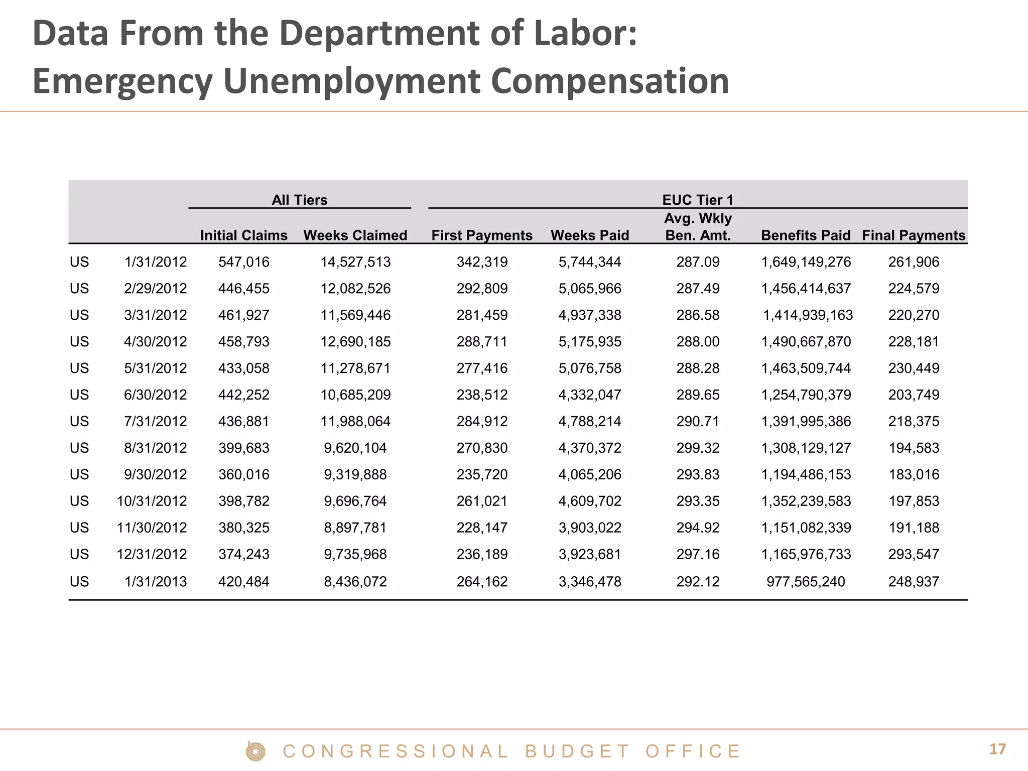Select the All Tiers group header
pos(299,200)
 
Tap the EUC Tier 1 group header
pos(698,200)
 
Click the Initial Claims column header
pos(243,235)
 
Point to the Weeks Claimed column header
pos(355,235)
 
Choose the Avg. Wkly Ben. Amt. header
pos(698,226)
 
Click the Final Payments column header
pos(914,235)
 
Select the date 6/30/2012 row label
pos(155,395)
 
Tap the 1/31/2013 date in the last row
pos(155,581)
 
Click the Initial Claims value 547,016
pos(243,262)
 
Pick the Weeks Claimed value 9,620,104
pos(355,448)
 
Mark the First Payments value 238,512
pos(482,395)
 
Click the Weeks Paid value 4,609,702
pos(590,501)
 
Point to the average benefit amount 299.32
pos(698,448)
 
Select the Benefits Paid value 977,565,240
pos(806,581)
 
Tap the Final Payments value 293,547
pos(914,554)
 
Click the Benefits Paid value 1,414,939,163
pos(808,315)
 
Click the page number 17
pos(997,749)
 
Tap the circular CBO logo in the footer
pos(255,751)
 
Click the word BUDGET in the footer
pos(577,751)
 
